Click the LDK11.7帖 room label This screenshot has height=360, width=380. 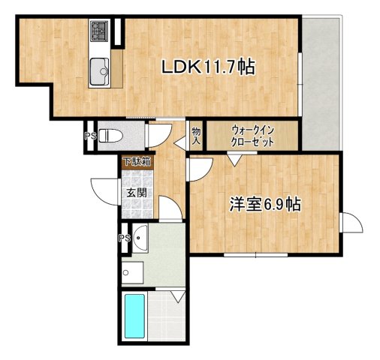pos(209,67)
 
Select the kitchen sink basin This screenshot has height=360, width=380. pos(98,73)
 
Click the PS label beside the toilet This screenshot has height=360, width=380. pos(89,136)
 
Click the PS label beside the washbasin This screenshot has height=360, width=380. pos(124,238)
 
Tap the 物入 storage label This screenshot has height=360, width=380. pos(195,136)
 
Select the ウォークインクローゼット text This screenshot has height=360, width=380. pos(252,136)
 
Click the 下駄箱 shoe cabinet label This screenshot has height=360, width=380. pos(137,161)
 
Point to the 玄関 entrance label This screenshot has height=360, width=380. pos(137,193)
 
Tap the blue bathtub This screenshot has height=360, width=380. pos(135,316)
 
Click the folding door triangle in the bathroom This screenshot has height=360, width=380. pos(179,296)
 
